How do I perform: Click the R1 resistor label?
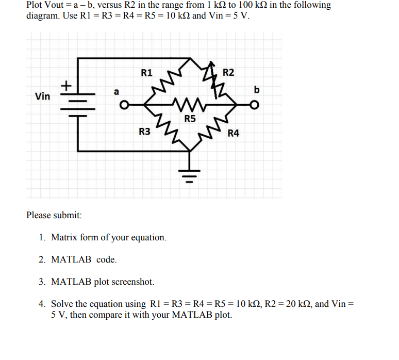[146, 73]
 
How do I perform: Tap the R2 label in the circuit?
[228, 72]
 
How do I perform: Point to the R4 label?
[234, 134]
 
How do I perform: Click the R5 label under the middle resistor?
[190, 119]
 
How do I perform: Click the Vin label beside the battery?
[42, 96]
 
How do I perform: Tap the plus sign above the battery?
[67, 84]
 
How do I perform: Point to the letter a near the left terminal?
[117, 92]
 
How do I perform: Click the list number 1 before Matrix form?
[42, 238]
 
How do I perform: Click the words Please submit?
[54, 215]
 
